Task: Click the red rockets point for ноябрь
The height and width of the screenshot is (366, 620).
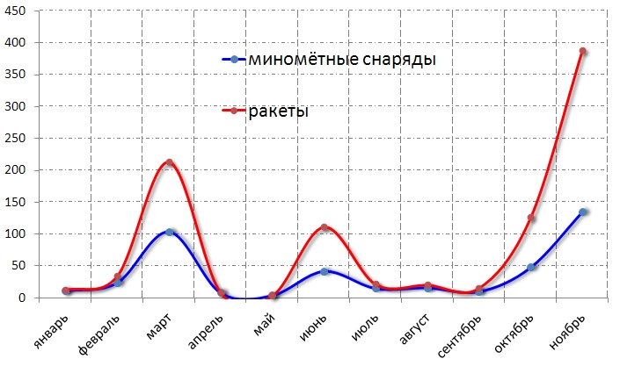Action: (x=582, y=52)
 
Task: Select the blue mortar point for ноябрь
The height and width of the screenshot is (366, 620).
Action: (x=582, y=212)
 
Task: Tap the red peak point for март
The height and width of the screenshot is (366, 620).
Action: (x=169, y=162)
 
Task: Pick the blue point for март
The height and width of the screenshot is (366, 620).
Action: (x=169, y=232)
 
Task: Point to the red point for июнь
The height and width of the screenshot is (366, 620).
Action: (x=325, y=227)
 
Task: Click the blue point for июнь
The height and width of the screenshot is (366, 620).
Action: (x=325, y=271)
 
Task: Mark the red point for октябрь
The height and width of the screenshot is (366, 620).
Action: (x=531, y=218)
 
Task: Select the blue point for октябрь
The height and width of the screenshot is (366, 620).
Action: (x=531, y=267)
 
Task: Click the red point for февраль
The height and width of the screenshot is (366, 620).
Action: (x=118, y=276)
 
